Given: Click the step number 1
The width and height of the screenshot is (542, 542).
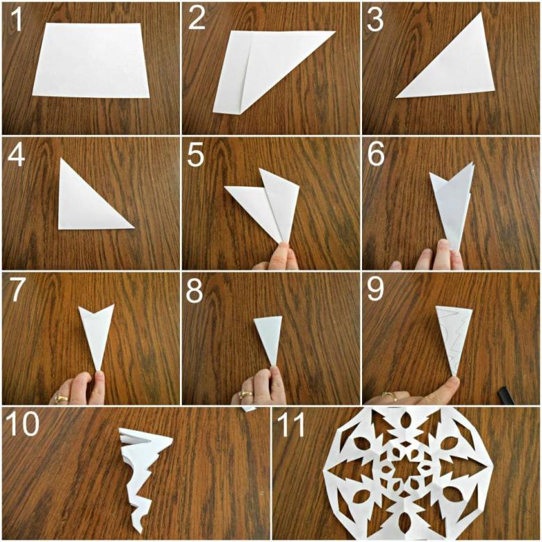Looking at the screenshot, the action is coord(16,19).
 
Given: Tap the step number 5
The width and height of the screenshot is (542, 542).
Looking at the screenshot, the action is coord(196,154).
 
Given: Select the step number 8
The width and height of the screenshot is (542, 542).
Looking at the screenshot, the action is coord(195,290).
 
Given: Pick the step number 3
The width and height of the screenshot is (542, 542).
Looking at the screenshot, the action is coord(375,19).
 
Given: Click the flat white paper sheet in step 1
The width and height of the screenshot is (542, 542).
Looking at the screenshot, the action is coord(91,60).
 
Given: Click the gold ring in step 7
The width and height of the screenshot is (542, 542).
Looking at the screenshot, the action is coord(61,399).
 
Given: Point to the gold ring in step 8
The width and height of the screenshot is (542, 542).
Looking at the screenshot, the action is coord(245,395).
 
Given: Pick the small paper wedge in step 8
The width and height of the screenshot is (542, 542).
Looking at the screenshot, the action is coord(270,339).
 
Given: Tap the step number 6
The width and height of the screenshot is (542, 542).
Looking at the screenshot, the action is coord(376,154).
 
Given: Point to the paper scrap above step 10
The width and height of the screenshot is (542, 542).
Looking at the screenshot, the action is coord(249,409).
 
